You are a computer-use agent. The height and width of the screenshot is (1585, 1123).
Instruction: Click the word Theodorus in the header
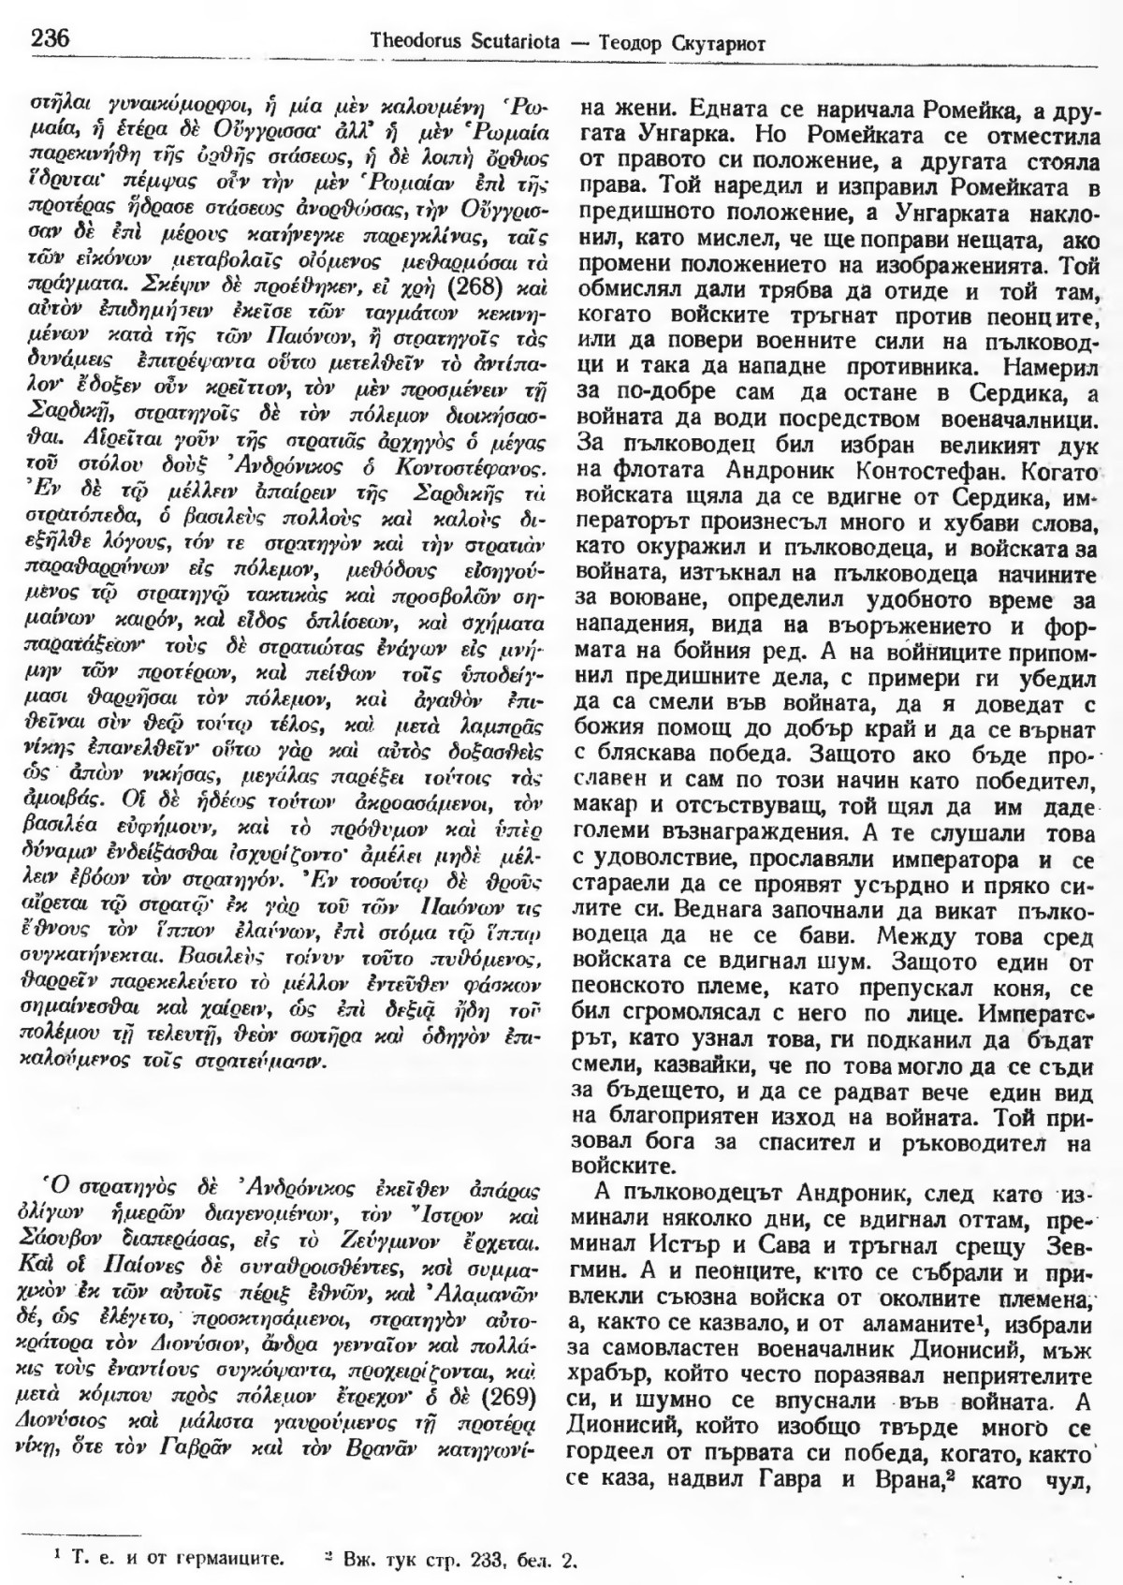point(413,41)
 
